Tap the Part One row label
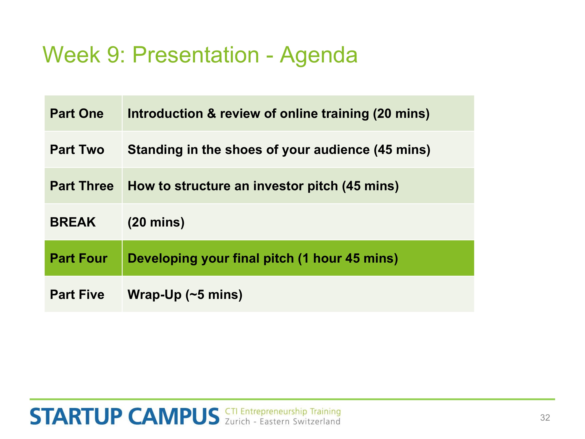click(x=77, y=114)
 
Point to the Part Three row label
click(x=82, y=186)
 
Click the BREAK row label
click(x=73, y=222)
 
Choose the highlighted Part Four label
click(x=79, y=258)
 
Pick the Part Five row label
click(x=77, y=294)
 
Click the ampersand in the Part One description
click(x=211, y=114)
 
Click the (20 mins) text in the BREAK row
click(x=156, y=222)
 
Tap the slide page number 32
click(x=545, y=418)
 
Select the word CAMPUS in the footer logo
click(x=174, y=417)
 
